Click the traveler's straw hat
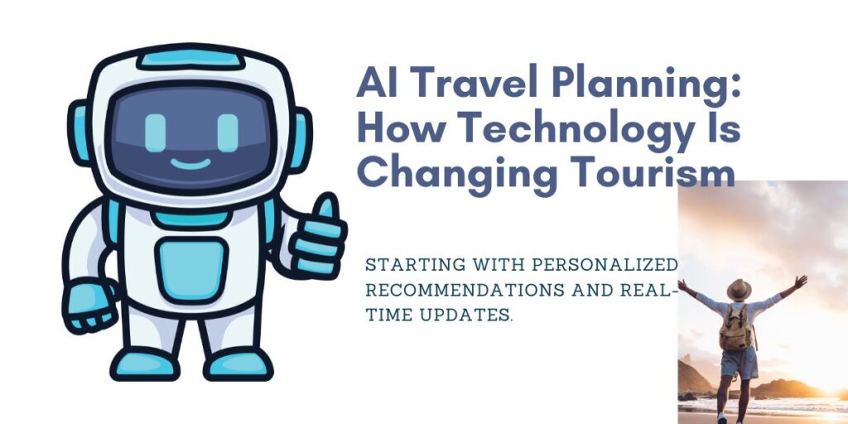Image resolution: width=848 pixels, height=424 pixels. [738, 289]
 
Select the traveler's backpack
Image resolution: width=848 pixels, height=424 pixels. [735, 327]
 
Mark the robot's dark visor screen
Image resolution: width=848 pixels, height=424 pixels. [191, 136]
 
